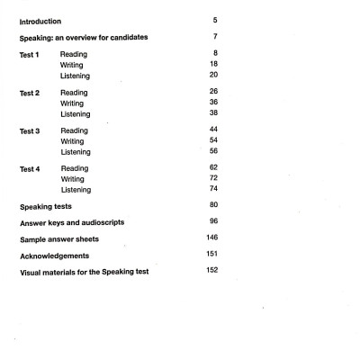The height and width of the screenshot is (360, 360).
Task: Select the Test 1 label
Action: (x=31, y=55)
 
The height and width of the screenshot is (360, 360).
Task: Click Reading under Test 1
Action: (x=75, y=55)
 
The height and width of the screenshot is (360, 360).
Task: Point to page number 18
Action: (x=211, y=66)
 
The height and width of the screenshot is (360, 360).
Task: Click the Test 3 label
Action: (x=31, y=130)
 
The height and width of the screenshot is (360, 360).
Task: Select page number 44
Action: (x=211, y=130)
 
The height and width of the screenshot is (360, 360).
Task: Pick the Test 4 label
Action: (x=31, y=168)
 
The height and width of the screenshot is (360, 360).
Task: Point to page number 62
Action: (x=211, y=168)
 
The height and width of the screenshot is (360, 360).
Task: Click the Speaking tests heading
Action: (x=49, y=208)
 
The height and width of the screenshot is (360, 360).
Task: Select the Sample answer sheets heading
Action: (x=59, y=242)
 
